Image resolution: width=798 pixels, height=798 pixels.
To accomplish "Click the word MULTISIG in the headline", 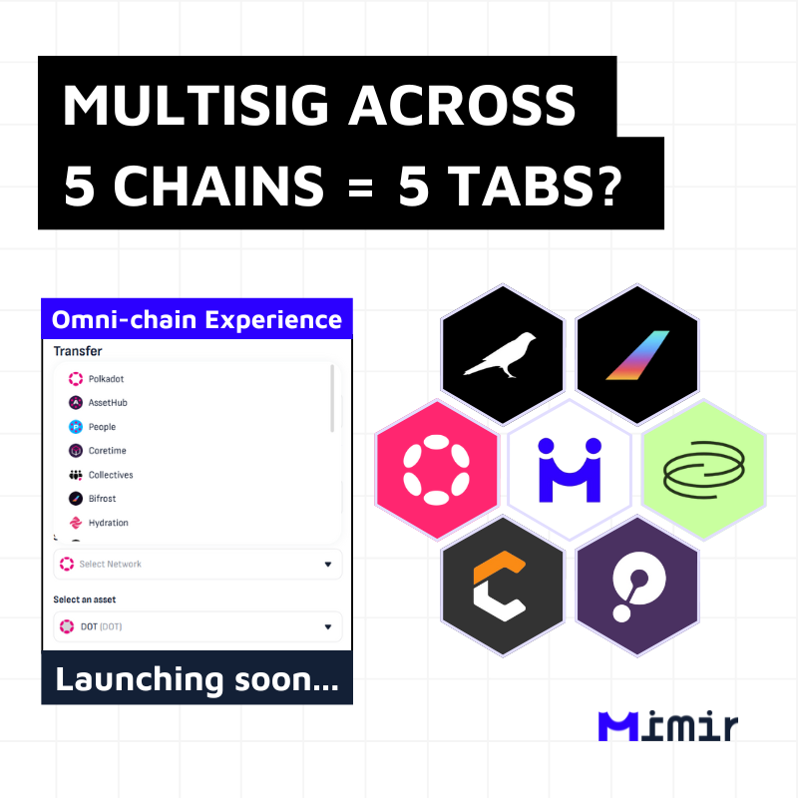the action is click(196, 106).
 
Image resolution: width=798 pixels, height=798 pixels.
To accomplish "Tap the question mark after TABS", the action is click(608, 186).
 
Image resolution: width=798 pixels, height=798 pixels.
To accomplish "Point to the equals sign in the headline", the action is click(360, 188).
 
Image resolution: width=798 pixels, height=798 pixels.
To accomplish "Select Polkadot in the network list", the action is click(106, 379).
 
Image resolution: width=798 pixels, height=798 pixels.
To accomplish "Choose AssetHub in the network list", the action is click(108, 403).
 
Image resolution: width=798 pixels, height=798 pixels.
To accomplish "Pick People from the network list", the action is click(102, 427).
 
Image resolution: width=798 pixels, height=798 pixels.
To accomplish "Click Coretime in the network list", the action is click(107, 451).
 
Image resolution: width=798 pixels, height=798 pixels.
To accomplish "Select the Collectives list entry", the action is click(111, 475).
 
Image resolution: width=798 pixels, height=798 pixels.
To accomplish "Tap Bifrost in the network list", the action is click(102, 499).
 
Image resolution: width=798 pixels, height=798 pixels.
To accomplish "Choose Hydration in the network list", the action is click(108, 523).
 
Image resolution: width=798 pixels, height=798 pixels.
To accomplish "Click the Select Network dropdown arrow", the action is click(328, 564).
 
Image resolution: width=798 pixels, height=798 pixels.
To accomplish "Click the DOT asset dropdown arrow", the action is click(328, 626).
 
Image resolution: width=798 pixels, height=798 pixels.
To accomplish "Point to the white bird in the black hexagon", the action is click(500, 355).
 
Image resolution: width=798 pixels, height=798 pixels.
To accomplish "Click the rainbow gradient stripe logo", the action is click(637, 355).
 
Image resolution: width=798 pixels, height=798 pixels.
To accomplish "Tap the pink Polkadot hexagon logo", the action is click(437, 470).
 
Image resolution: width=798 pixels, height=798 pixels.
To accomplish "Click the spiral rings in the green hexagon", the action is click(704, 469).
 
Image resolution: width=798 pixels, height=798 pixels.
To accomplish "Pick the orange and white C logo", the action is click(499, 586).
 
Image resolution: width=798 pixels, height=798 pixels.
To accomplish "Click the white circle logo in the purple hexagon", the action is click(637, 586).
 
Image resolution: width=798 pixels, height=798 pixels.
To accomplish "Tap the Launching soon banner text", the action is click(197, 679).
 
